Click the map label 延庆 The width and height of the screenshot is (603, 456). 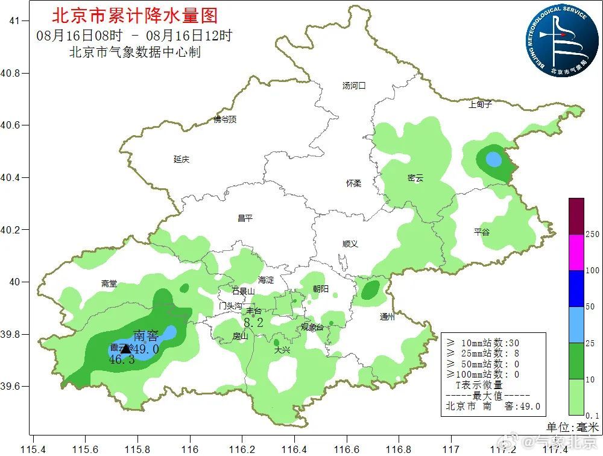[x=182, y=159]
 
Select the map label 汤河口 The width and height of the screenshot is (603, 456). [x=354, y=86]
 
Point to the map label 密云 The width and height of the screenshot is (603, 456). [x=415, y=178]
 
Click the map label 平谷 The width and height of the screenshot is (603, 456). [x=482, y=232]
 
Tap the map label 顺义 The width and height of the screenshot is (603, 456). [x=350, y=244]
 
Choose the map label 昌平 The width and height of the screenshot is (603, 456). [x=245, y=218]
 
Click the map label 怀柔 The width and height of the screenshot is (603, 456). [x=353, y=183]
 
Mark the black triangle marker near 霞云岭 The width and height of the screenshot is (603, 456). [x=125, y=349]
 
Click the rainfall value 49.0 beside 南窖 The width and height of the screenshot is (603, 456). [x=145, y=349]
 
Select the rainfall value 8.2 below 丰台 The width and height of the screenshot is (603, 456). [x=254, y=323]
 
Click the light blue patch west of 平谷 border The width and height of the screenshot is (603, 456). [x=493, y=160]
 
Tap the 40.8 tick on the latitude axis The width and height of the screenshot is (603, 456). [x=13, y=73]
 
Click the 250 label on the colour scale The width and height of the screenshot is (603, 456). [x=593, y=234]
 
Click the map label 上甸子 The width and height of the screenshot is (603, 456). [x=481, y=104]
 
